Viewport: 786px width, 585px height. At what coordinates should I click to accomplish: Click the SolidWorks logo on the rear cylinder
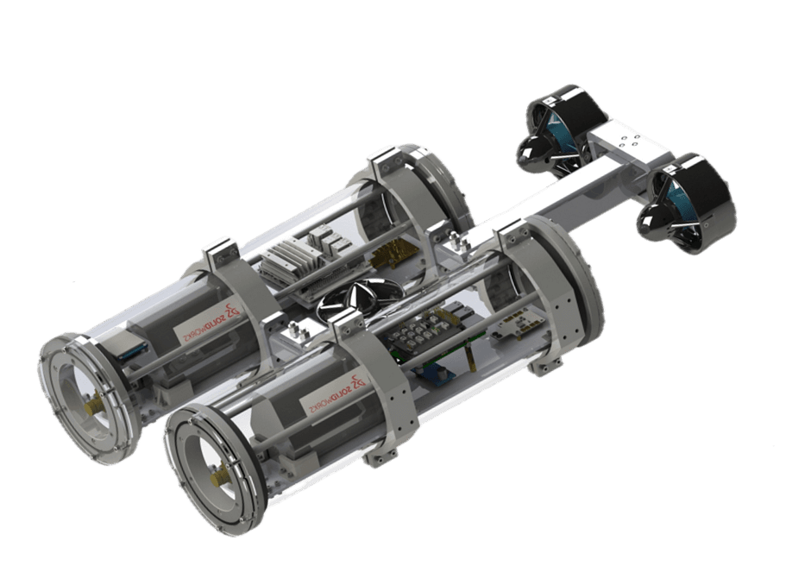208,322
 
